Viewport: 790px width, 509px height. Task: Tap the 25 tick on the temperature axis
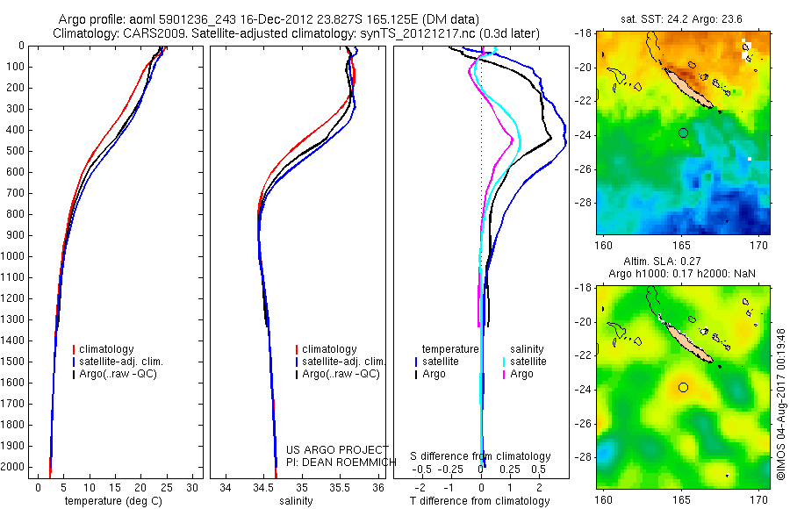167,486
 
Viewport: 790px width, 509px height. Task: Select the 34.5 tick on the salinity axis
263,486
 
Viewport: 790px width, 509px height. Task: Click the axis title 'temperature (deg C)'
110,501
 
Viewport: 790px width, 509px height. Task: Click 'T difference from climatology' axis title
480,501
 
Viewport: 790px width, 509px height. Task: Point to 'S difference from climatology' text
480,456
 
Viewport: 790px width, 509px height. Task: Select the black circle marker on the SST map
683,133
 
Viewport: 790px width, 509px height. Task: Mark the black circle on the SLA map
683,386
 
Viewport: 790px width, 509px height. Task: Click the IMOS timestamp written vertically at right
780,386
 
